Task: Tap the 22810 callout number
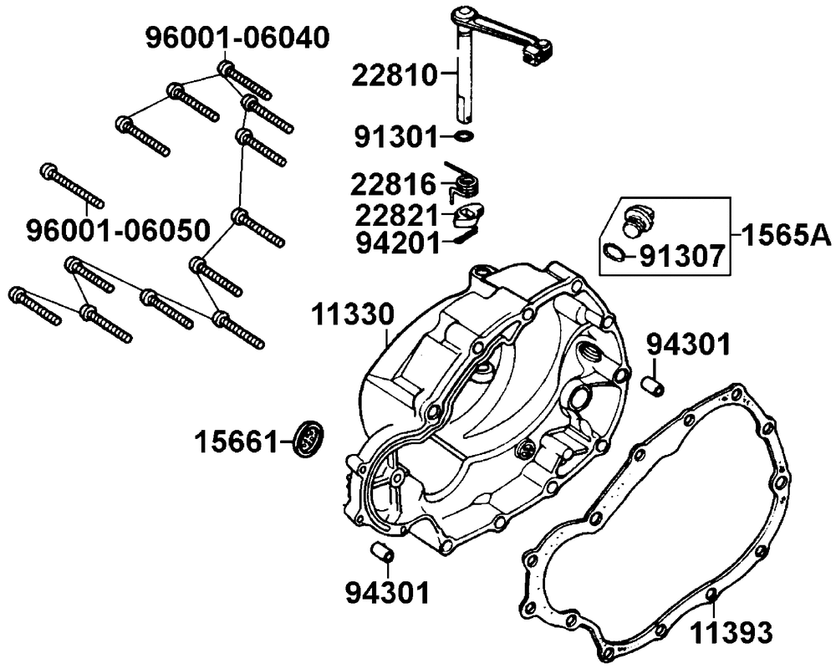pos(394,76)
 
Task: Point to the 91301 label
pos(394,135)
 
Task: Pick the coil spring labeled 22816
pos(461,179)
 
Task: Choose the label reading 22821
pos(394,215)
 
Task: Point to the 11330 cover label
pos(352,315)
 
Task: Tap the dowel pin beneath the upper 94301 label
pos(653,386)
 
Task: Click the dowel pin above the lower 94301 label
pos(381,553)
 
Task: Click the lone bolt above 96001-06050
pos(72,185)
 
